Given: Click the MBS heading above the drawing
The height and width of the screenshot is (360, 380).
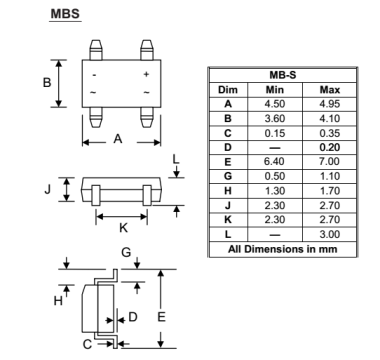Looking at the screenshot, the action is [65, 14].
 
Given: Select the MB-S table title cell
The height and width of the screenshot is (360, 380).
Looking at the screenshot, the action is [283, 75].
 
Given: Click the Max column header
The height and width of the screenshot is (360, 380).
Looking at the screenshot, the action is [330, 90].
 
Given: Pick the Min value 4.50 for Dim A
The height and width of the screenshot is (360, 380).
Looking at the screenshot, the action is [275, 104].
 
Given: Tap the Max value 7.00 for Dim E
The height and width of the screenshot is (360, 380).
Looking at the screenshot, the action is [330, 162].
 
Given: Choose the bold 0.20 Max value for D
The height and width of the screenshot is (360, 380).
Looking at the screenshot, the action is [330, 147].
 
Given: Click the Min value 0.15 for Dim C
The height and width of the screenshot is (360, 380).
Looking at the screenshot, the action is [275, 133].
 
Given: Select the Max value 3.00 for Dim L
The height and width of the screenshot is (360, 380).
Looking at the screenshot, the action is [330, 234].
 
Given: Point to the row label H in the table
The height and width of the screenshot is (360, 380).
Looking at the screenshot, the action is [228, 191].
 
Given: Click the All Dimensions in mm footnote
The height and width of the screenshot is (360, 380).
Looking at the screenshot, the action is [283, 249].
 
